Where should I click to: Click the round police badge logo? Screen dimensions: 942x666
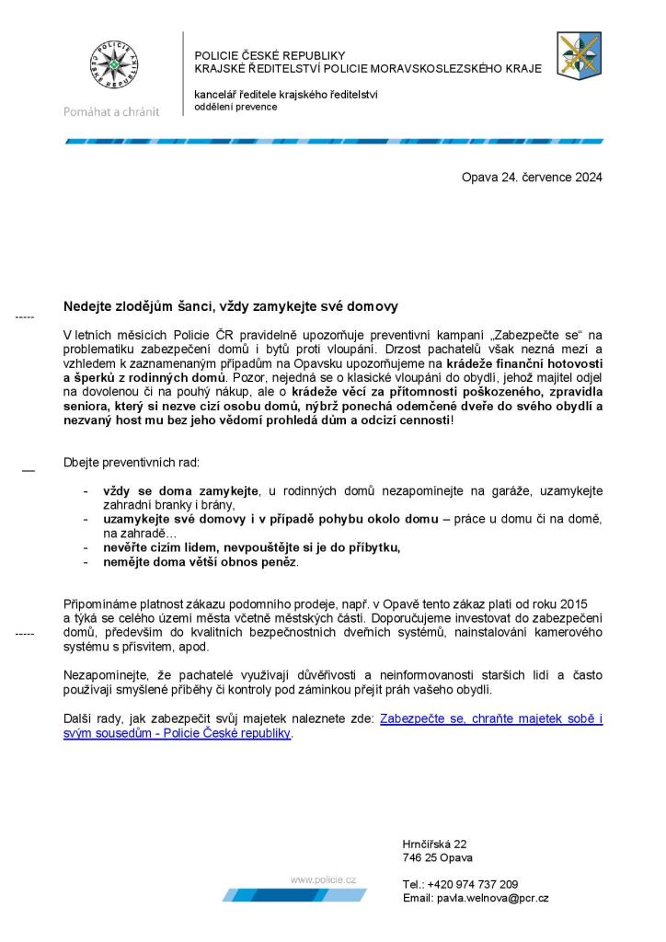[x=113, y=66]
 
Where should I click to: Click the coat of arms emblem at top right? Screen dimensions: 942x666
[x=579, y=54]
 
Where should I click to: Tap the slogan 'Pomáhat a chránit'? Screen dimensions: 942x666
[x=110, y=111]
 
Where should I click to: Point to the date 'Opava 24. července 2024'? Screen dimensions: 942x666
[x=532, y=178]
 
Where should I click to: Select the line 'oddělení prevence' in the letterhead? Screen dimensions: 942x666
[x=235, y=107]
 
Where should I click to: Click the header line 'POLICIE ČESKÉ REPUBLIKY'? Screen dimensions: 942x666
[x=270, y=55]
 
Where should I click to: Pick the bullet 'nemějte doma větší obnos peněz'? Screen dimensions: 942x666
[x=201, y=561]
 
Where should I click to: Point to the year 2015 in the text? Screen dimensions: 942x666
[x=570, y=601]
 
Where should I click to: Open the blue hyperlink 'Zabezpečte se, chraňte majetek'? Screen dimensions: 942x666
[x=491, y=719]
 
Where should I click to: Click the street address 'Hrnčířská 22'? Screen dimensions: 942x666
[x=434, y=844]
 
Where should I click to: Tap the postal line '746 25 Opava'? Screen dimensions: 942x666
[x=437, y=857]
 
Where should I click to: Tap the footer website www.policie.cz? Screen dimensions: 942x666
[x=323, y=880]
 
